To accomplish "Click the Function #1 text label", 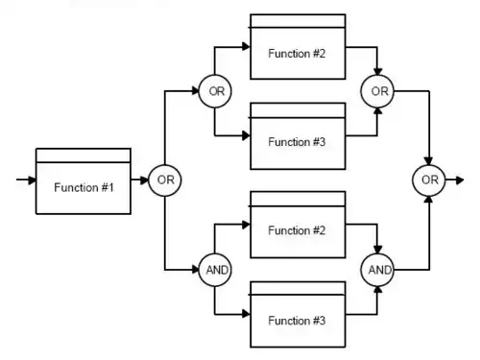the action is (84, 187).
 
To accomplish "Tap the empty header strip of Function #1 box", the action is (84, 156).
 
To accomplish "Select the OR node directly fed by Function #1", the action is (165, 180).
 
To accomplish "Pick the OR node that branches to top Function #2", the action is (215, 91).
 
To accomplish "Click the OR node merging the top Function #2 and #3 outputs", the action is (377, 91).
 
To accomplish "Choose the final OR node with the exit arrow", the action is (429, 180).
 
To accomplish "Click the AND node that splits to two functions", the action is (215, 270).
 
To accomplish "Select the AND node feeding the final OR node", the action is (377, 270).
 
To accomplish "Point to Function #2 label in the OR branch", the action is (297, 54).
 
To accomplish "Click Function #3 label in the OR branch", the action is (297, 142).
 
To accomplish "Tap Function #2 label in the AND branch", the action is (297, 230).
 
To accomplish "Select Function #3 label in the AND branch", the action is (297, 321).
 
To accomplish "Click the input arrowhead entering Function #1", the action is (33, 180).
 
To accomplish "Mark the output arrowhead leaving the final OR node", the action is (460, 180).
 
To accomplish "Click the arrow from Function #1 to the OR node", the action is (139, 180).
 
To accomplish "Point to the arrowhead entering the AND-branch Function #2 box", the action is (246, 225).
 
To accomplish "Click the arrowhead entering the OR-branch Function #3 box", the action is (246, 135).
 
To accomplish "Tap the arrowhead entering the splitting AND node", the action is (195, 270).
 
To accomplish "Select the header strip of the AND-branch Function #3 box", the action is (298, 288).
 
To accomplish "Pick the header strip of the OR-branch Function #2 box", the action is (298, 21).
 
